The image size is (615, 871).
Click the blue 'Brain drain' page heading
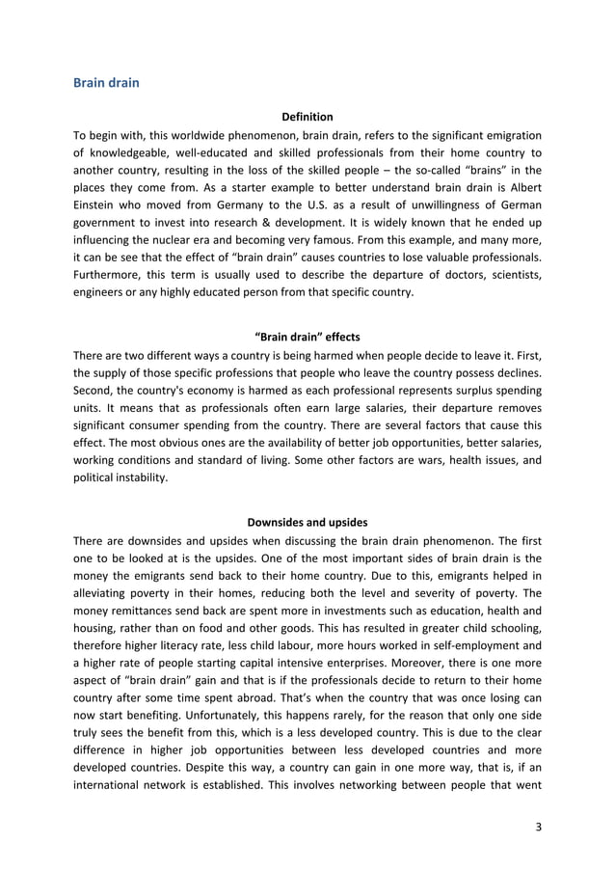pos(106,83)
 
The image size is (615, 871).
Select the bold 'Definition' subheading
pos(307,118)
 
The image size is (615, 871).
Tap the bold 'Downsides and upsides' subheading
pos(307,524)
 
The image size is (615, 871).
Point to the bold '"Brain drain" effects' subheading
pos(307,337)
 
